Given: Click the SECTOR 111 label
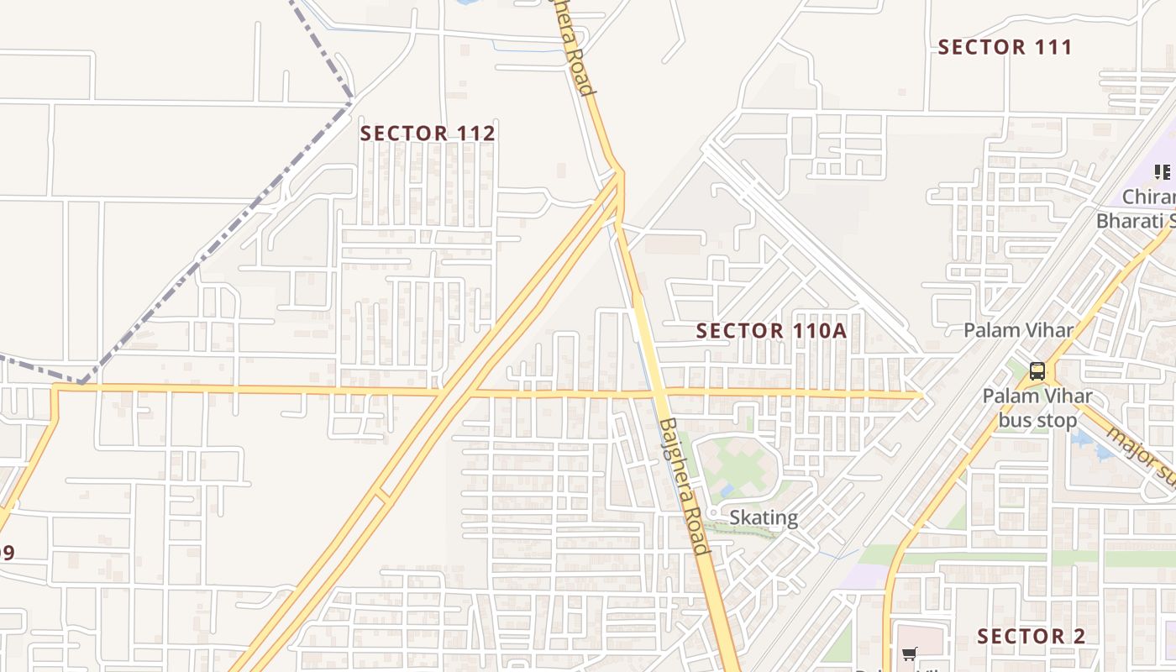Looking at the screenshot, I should (1005, 47).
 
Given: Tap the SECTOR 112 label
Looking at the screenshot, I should (428, 133).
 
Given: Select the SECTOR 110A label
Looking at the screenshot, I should (771, 331).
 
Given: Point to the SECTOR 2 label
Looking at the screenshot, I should (1031, 636).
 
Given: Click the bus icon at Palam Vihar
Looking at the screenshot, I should (1037, 371).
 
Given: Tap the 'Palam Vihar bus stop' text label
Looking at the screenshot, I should (1037, 407).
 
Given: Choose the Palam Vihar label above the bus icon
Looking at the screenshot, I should (1018, 330).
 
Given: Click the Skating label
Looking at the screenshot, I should (764, 517).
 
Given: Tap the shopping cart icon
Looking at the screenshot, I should (909, 654).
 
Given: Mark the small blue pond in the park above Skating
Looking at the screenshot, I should (727, 488).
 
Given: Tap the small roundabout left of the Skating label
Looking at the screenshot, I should (712, 512).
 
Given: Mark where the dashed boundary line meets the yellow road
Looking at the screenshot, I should (81, 385).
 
